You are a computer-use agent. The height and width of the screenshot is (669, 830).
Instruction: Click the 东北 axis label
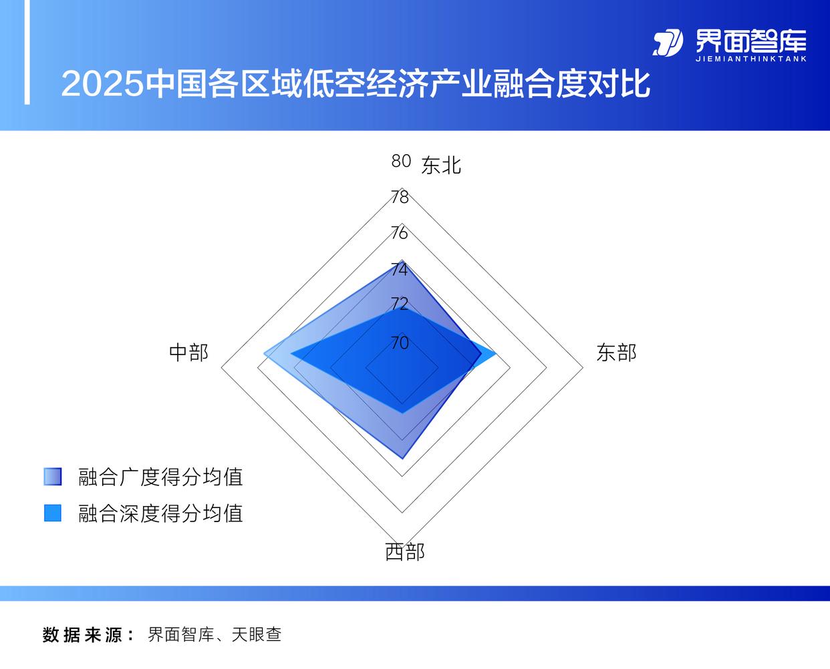click(x=441, y=166)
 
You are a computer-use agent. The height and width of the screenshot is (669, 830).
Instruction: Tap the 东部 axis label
click(x=616, y=353)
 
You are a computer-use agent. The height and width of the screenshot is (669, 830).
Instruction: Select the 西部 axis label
click(x=404, y=552)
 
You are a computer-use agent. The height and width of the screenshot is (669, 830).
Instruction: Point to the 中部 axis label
click(x=189, y=353)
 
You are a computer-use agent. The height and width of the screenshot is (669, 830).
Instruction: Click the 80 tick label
click(x=401, y=161)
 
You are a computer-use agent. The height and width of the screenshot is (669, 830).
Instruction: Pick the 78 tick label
click(x=400, y=198)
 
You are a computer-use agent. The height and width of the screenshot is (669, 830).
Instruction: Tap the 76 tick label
click(x=399, y=233)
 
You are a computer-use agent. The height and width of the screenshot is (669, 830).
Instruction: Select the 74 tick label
click(x=399, y=270)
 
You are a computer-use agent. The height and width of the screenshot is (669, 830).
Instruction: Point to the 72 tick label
click(x=399, y=304)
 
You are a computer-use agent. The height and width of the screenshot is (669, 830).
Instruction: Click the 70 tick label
click(x=400, y=343)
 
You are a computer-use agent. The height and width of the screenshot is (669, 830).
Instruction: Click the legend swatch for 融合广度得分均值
click(x=53, y=477)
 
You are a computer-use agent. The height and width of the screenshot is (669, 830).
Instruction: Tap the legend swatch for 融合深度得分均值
click(x=53, y=513)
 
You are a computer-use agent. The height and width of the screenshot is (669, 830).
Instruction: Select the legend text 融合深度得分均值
click(x=160, y=513)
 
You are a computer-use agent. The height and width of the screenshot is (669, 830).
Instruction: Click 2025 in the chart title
click(x=102, y=84)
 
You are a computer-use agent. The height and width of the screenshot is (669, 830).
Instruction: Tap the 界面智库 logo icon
click(x=668, y=43)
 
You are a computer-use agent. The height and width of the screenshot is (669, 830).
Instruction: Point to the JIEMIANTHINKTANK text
click(x=751, y=59)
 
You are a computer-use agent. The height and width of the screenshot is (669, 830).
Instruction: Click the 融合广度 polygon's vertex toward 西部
click(x=402, y=459)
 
